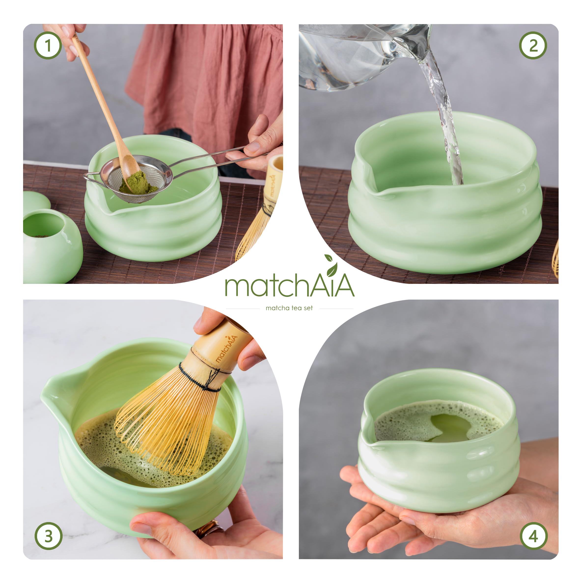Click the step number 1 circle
pos(48,46)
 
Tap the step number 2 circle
pos(533,46)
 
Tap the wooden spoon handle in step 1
pos(99,90)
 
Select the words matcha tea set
pos(289,308)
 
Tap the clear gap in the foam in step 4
pos(450,428)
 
